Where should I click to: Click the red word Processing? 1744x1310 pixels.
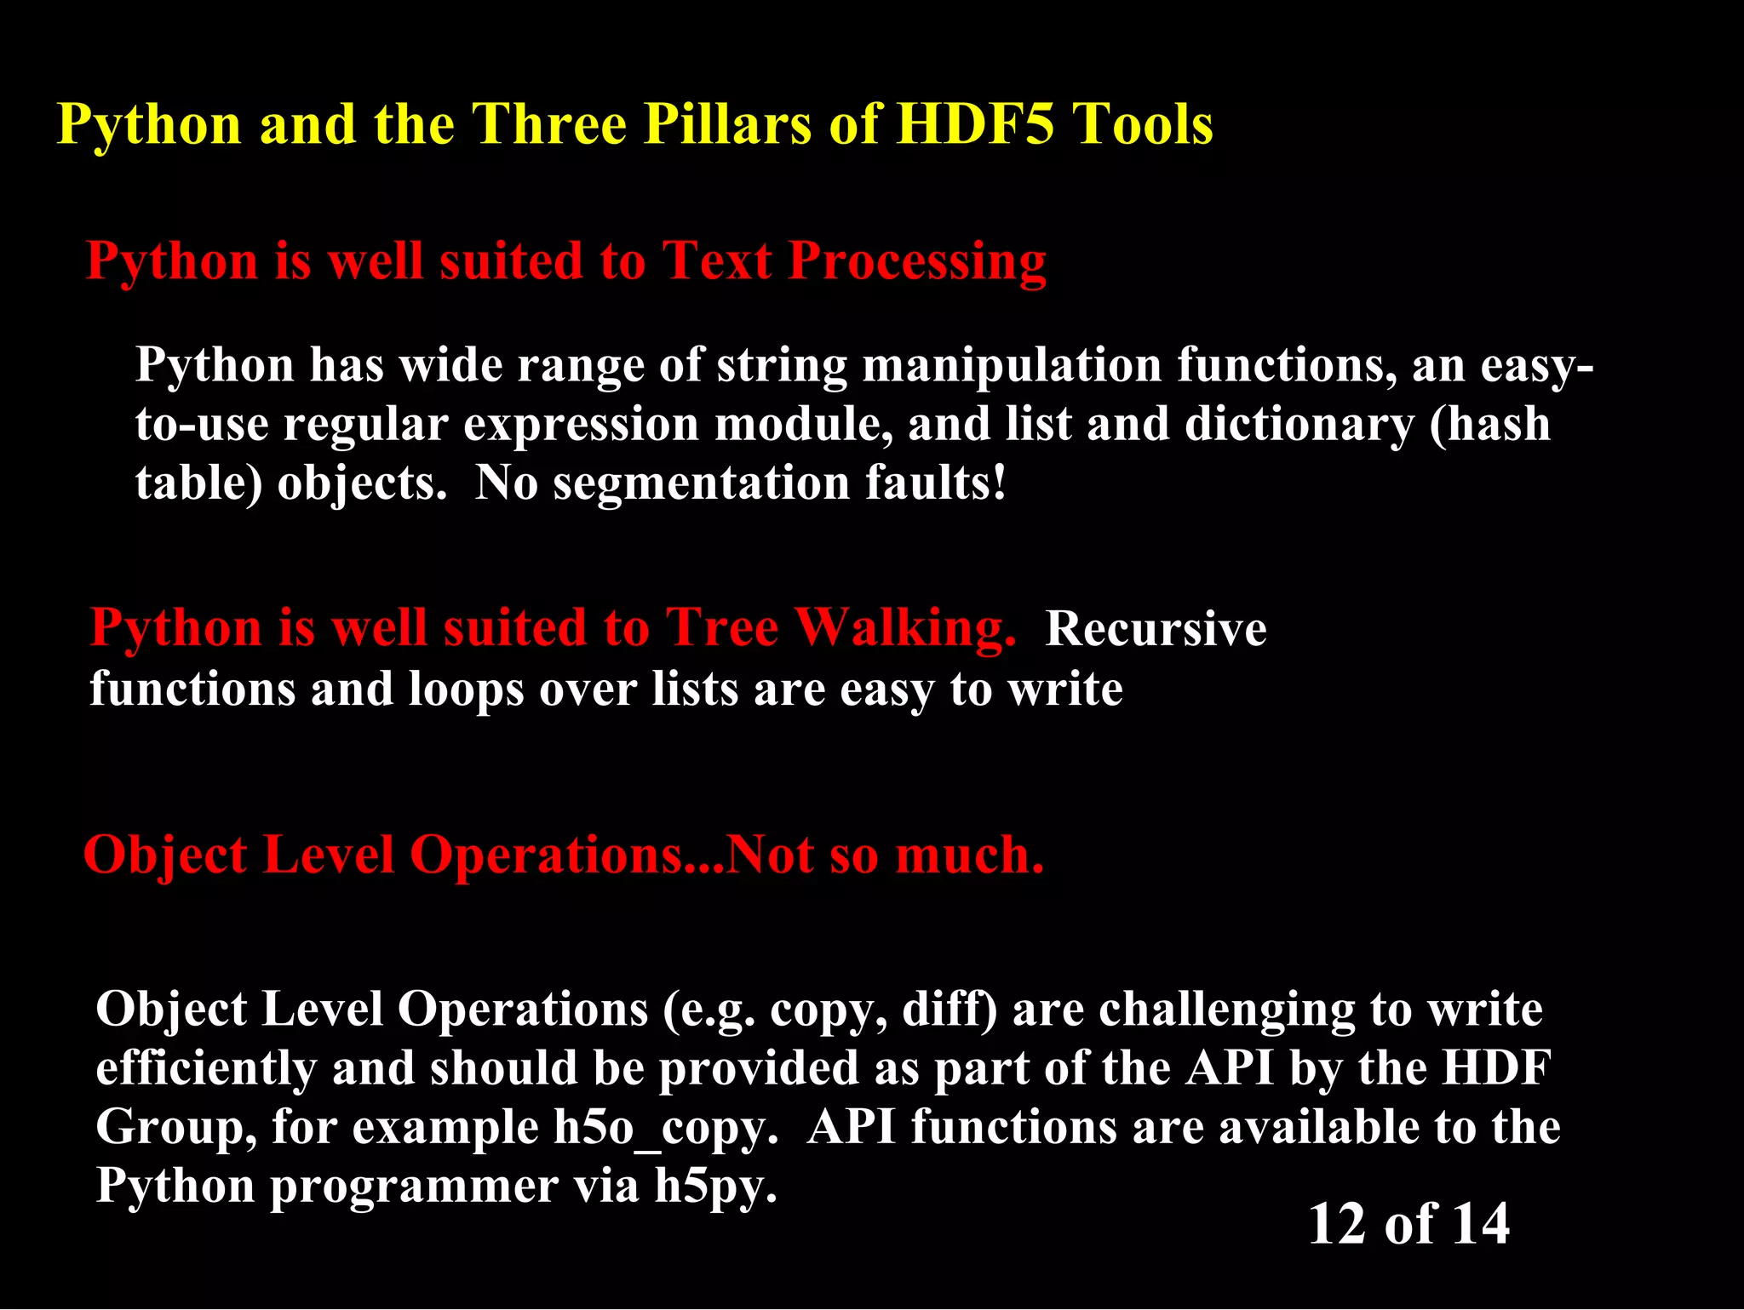pyautogui.click(x=916, y=261)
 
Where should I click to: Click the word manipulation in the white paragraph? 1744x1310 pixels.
pyautogui.click(x=1012, y=366)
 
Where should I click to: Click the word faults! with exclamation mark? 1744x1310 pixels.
pyautogui.click(x=936, y=483)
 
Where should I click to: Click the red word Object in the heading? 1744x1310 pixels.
pyautogui.click(x=166, y=855)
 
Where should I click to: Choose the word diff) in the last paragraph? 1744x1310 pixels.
pyautogui.click(x=949, y=1010)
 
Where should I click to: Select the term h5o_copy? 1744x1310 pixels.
pyautogui.click(x=665, y=1129)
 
